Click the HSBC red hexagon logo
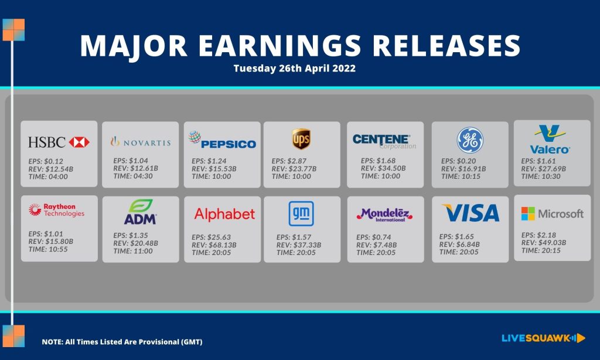79,142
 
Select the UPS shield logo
301,139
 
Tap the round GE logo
470,140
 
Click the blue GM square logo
301,213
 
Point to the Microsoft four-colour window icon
528,213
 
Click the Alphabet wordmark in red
224,214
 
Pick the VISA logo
471,213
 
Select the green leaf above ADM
141,206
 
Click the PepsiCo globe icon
195,137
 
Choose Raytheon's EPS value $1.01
53,233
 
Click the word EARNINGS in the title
279,46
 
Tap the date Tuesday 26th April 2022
295,68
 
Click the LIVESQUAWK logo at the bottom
543,338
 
